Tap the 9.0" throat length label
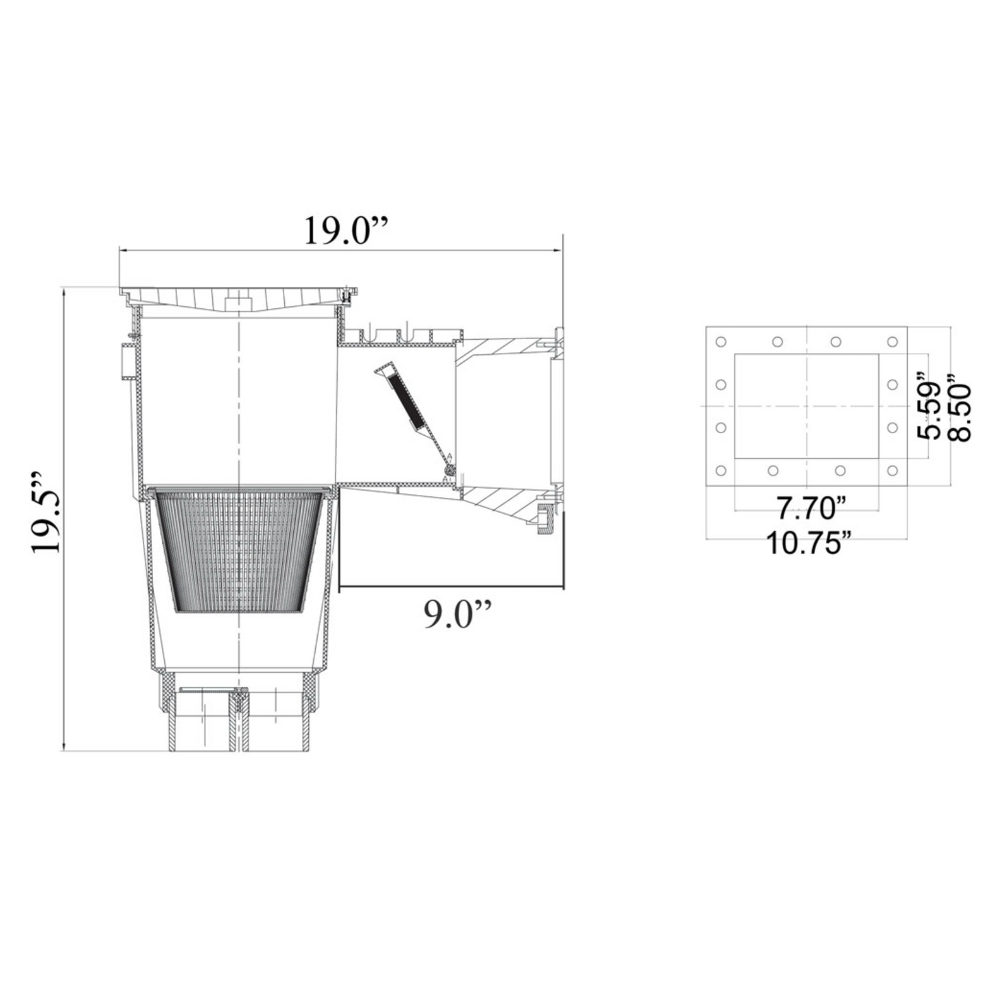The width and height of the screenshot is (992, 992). click(x=458, y=614)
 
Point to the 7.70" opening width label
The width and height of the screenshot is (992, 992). click(x=809, y=509)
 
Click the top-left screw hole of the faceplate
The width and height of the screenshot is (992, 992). click(x=721, y=342)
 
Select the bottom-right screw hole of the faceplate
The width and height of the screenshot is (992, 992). click(x=892, y=471)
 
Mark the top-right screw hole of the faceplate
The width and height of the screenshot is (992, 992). click(x=892, y=342)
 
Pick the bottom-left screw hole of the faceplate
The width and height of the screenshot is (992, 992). click(x=721, y=471)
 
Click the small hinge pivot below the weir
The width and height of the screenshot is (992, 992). click(x=449, y=470)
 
